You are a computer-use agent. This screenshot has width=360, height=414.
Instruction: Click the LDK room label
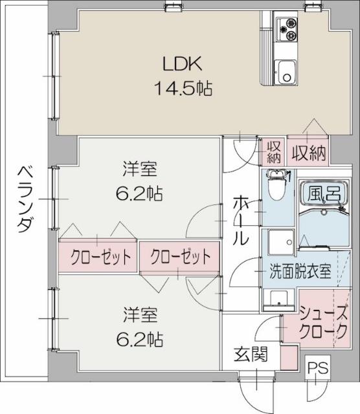pyautogui.click(x=183, y=65)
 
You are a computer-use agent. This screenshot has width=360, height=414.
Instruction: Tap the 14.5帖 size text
pyautogui.click(x=183, y=87)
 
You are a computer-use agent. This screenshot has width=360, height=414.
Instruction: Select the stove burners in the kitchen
pyautogui.click(x=285, y=27)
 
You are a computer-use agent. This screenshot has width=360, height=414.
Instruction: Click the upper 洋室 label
pyautogui.click(x=140, y=171)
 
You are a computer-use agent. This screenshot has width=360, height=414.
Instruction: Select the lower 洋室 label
pyautogui.click(x=140, y=316)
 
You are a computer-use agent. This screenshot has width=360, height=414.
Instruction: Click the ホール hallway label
pyautogui.click(x=240, y=220)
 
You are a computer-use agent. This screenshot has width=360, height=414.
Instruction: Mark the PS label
pyautogui.click(x=317, y=368)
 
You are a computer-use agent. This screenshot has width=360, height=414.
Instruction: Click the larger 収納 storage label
pyautogui.click(x=308, y=153)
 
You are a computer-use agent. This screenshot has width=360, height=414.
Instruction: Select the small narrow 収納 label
pyautogui.click(x=274, y=153)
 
